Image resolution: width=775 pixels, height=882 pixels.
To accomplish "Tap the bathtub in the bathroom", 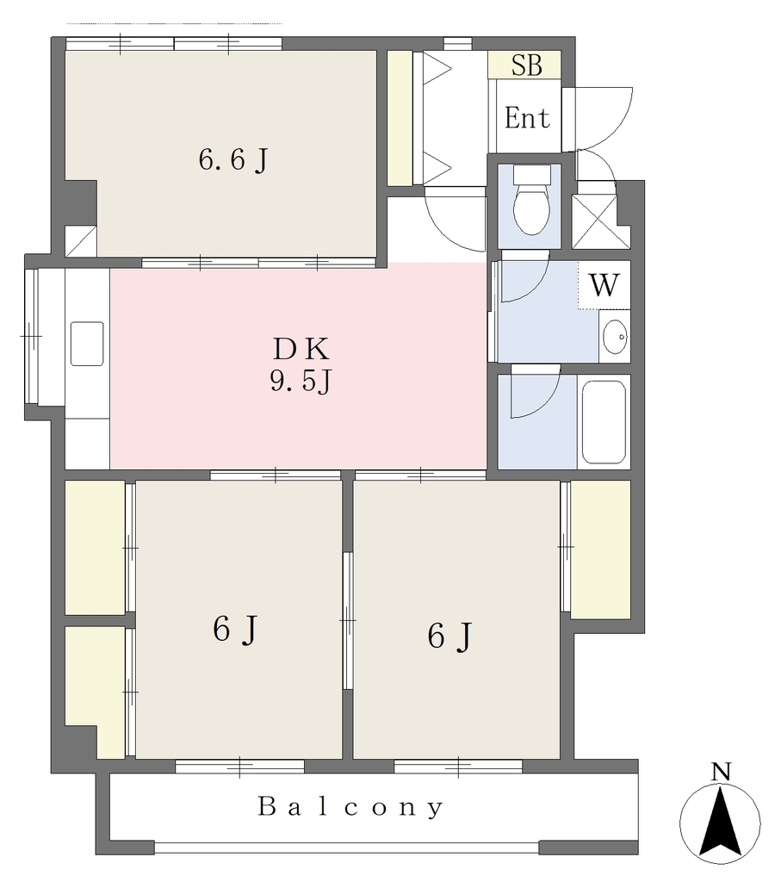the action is [604, 422].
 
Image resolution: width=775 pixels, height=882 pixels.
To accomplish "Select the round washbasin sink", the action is [615, 337].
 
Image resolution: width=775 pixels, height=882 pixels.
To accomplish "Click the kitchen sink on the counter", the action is [87, 343].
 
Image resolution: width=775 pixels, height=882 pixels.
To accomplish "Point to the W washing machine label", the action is [604, 284].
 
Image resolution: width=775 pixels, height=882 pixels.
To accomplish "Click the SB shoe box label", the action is [526, 65].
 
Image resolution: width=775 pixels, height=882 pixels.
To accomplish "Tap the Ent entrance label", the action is [527, 118].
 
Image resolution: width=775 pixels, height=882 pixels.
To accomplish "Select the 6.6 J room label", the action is [232, 160].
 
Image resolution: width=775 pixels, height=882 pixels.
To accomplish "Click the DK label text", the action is [301, 350].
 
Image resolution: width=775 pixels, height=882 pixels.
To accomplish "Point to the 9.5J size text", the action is [301, 382].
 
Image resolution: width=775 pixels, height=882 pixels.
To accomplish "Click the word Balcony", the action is [351, 807].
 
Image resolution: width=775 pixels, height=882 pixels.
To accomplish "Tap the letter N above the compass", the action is [721, 772].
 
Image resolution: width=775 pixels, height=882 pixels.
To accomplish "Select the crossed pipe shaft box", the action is [594, 221].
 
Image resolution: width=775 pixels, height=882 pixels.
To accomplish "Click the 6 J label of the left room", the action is [236, 629].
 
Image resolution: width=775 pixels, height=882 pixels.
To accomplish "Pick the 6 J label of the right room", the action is [449, 637].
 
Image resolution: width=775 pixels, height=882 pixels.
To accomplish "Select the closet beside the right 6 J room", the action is [600, 550].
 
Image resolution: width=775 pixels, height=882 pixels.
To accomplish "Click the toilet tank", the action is [531, 174].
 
